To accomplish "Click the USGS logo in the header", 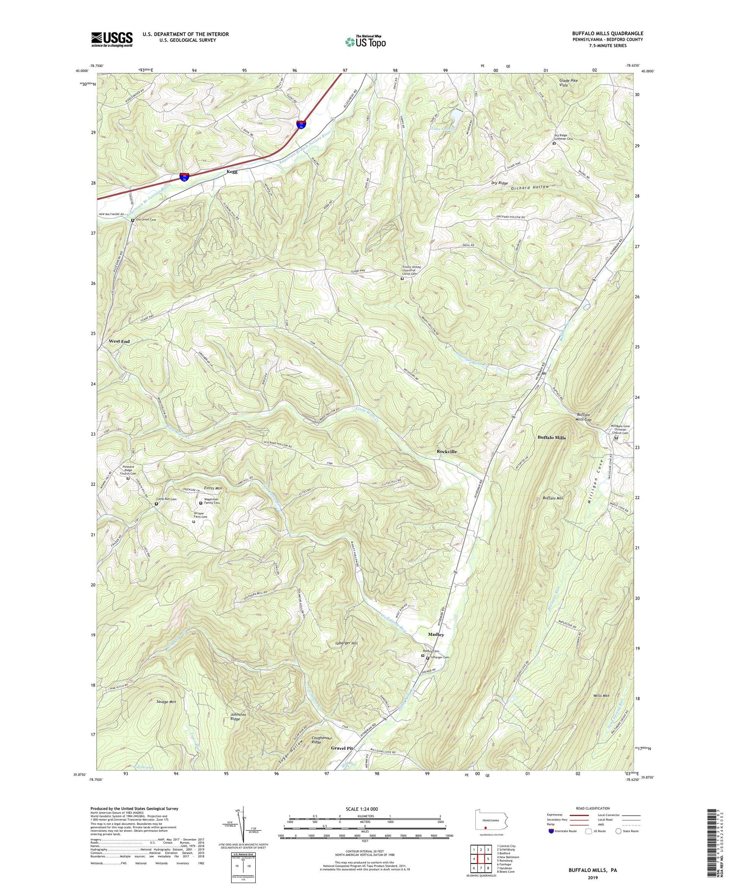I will [x=112, y=39].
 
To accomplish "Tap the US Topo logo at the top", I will [x=365, y=42].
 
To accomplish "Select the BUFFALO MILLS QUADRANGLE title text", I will [x=607, y=33].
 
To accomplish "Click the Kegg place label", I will [x=232, y=172].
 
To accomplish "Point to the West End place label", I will [x=119, y=341].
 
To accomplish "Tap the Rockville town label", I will [x=446, y=452].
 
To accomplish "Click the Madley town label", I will [x=436, y=634].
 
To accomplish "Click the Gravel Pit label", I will [x=342, y=748].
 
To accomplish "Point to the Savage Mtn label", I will [x=166, y=702].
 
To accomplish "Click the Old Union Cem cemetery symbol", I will [x=132, y=220].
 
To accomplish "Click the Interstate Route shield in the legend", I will [x=552, y=831].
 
